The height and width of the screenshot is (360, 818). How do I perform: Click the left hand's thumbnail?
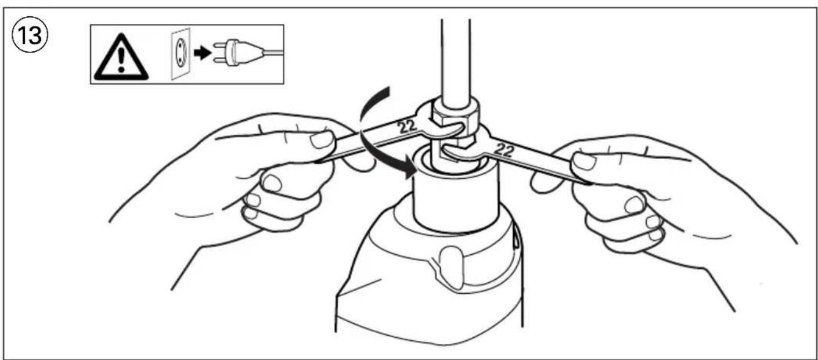click(x=321, y=140)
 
